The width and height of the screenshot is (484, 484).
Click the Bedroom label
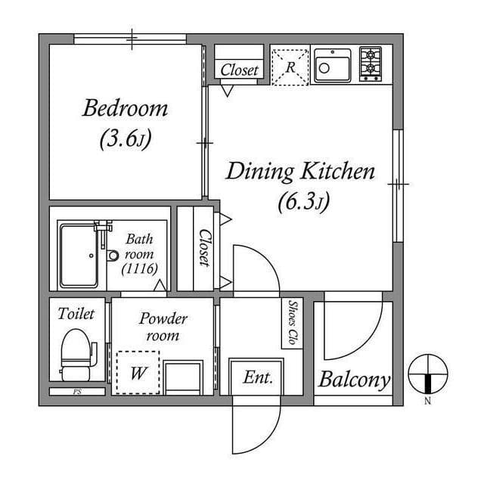pyautogui.click(x=125, y=108)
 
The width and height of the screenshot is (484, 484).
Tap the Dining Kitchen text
pyautogui.click(x=300, y=171)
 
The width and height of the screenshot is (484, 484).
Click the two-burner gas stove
pyautogui.click(x=371, y=65)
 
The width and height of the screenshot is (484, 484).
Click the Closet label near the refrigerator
pyautogui.click(x=240, y=71)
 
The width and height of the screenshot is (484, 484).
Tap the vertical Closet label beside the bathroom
pyautogui.click(x=203, y=249)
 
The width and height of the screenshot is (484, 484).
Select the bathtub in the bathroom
pyautogui.click(x=79, y=255)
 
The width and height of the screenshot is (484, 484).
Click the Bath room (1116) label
pyautogui.click(x=139, y=253)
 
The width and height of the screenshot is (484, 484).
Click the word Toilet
pyautogui.click(x=76, y=313)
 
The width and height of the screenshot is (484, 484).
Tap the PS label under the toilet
pyautogui.click(x=76, y=392)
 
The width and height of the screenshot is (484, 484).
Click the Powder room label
pyautogui.click(x=163, y=327)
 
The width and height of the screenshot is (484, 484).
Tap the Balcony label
pyautogui.click(x=354, y=380)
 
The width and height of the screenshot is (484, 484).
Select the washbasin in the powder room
pyautogui.click(x=184, y=377)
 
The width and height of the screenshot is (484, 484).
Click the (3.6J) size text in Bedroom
pyautogui.click(x=125, y=140)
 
